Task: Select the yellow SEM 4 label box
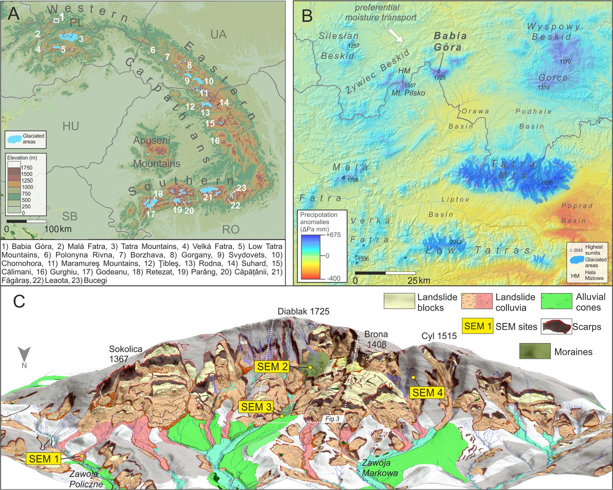(x=427, y=393)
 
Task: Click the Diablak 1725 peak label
(x=303, y=311)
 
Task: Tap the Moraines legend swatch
(x=534, y=351)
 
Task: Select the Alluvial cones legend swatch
(x=557, y=302)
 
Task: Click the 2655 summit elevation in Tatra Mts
(x=547, y=182)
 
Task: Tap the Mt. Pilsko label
(x=408, y=93)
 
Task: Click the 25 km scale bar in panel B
(x=385, y=273)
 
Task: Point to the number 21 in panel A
(x=208, y=197)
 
